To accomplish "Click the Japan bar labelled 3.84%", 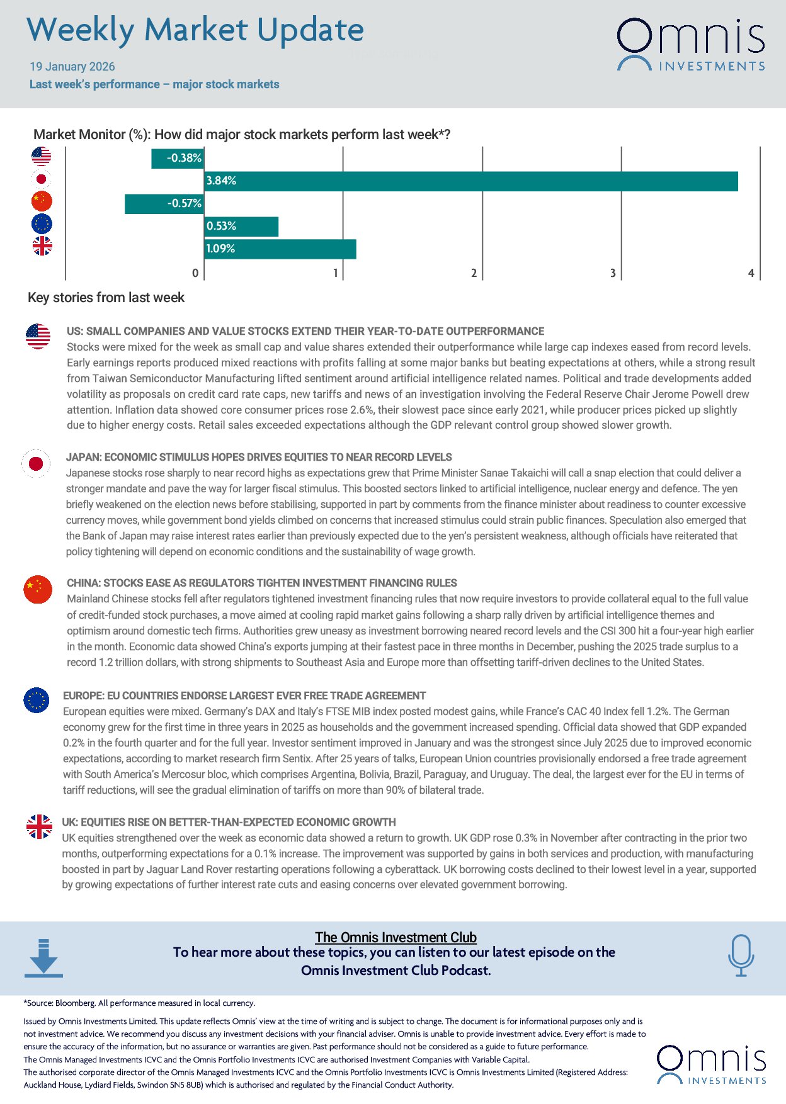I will [x=471, y=181].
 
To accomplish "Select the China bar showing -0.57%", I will [x=164, y=204].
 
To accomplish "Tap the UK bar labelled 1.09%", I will [x=280, y=249].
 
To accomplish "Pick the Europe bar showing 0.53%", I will [x=241, y=227].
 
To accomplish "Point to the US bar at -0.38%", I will [x=178, y=159].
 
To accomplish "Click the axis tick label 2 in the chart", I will [x=474, y=273].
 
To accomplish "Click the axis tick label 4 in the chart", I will [x=751, y=273].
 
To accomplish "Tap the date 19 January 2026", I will [x=72, y=67].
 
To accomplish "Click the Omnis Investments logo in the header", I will [x=691, y=44].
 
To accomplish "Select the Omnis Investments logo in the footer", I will [x=712, y=1065].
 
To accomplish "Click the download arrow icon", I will [x=43, y=958].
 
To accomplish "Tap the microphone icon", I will [x=741, y=955].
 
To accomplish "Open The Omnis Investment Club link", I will [x=396, y=937].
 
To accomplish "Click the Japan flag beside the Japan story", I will [x=36, y=464].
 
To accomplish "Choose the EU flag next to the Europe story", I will [x=37, y=700].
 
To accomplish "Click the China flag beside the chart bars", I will [x=42, y=201].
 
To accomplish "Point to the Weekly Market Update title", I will [x=195, y=30].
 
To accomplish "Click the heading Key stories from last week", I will [x=106, y=298].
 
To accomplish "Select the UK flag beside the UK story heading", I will [x=39, y=826].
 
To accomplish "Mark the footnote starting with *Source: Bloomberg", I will [x=139, y=1003].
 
